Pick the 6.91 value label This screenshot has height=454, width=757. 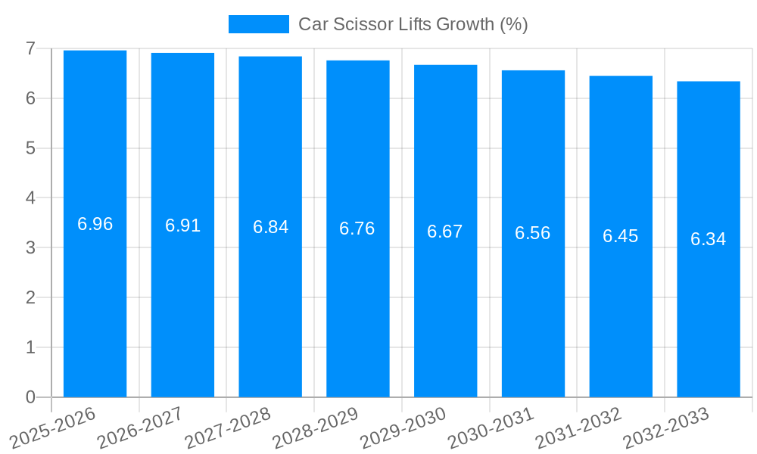click(182, 225)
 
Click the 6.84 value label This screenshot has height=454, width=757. click(270, 227)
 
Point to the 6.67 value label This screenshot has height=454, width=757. click(444, 232)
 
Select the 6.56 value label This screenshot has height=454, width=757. click(532, 233)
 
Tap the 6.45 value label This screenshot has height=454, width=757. click(620, 236)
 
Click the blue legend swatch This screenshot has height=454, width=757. click(258, 24)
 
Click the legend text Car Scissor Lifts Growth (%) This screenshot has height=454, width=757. click(413, 24)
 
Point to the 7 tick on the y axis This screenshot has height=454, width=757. click(30, 48)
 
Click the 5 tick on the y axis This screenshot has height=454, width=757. click(30, 148)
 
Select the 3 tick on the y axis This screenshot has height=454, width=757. click(30, 247)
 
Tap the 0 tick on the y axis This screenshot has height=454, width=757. click(30, 397)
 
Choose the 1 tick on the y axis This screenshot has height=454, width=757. click(30, 347)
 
